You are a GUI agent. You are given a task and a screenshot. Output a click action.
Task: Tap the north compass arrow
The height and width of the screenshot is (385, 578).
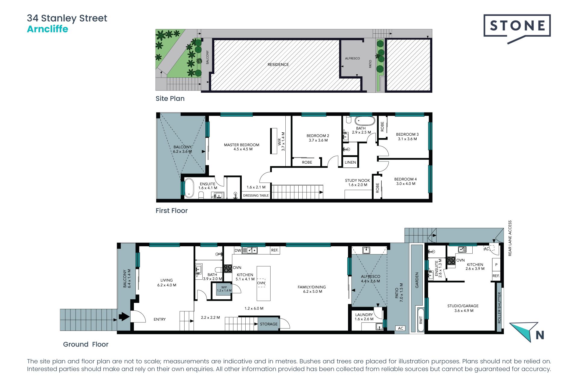click(524, 331)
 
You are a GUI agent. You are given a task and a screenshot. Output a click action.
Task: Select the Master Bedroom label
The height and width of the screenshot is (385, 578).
click(241, 147)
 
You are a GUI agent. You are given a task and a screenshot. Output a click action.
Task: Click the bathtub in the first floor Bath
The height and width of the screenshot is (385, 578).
click(365, 121)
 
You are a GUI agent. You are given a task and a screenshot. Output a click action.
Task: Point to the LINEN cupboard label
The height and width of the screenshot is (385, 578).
click(350, 162)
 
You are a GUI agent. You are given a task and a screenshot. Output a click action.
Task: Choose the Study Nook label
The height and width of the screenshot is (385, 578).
click(357, 183)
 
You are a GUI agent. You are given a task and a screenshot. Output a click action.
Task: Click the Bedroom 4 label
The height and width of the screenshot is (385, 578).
click(406, 181)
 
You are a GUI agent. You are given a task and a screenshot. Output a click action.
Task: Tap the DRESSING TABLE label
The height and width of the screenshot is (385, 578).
click(256, 196)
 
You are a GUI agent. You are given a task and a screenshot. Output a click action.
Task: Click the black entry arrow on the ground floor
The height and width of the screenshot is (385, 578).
click(124, 316)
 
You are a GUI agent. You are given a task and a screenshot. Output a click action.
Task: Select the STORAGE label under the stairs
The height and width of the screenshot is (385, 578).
click(269, 324)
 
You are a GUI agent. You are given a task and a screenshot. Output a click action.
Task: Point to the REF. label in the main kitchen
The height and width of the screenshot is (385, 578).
click(275, 250)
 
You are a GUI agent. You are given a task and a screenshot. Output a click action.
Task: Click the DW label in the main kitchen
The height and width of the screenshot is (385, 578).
click(238, 250)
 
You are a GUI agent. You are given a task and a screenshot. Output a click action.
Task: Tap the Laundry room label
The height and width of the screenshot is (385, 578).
click(364, 317)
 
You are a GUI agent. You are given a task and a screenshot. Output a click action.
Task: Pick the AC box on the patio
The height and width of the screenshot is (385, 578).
click(400, 328)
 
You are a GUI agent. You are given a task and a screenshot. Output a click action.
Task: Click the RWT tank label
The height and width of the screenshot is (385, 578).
click(421, 320)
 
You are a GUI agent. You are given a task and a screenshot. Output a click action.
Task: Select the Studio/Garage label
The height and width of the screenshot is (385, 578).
click(463, 308)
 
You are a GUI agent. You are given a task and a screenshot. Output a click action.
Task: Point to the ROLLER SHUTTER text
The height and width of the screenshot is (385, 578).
click(499, 308)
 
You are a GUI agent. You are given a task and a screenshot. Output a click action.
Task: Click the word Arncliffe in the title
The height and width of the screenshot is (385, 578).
click(48, 29)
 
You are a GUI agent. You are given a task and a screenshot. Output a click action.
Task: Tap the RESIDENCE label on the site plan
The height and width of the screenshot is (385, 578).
click(278, 64)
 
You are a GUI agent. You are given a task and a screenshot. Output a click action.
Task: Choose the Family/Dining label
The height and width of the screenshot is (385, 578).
click(312, 289)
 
